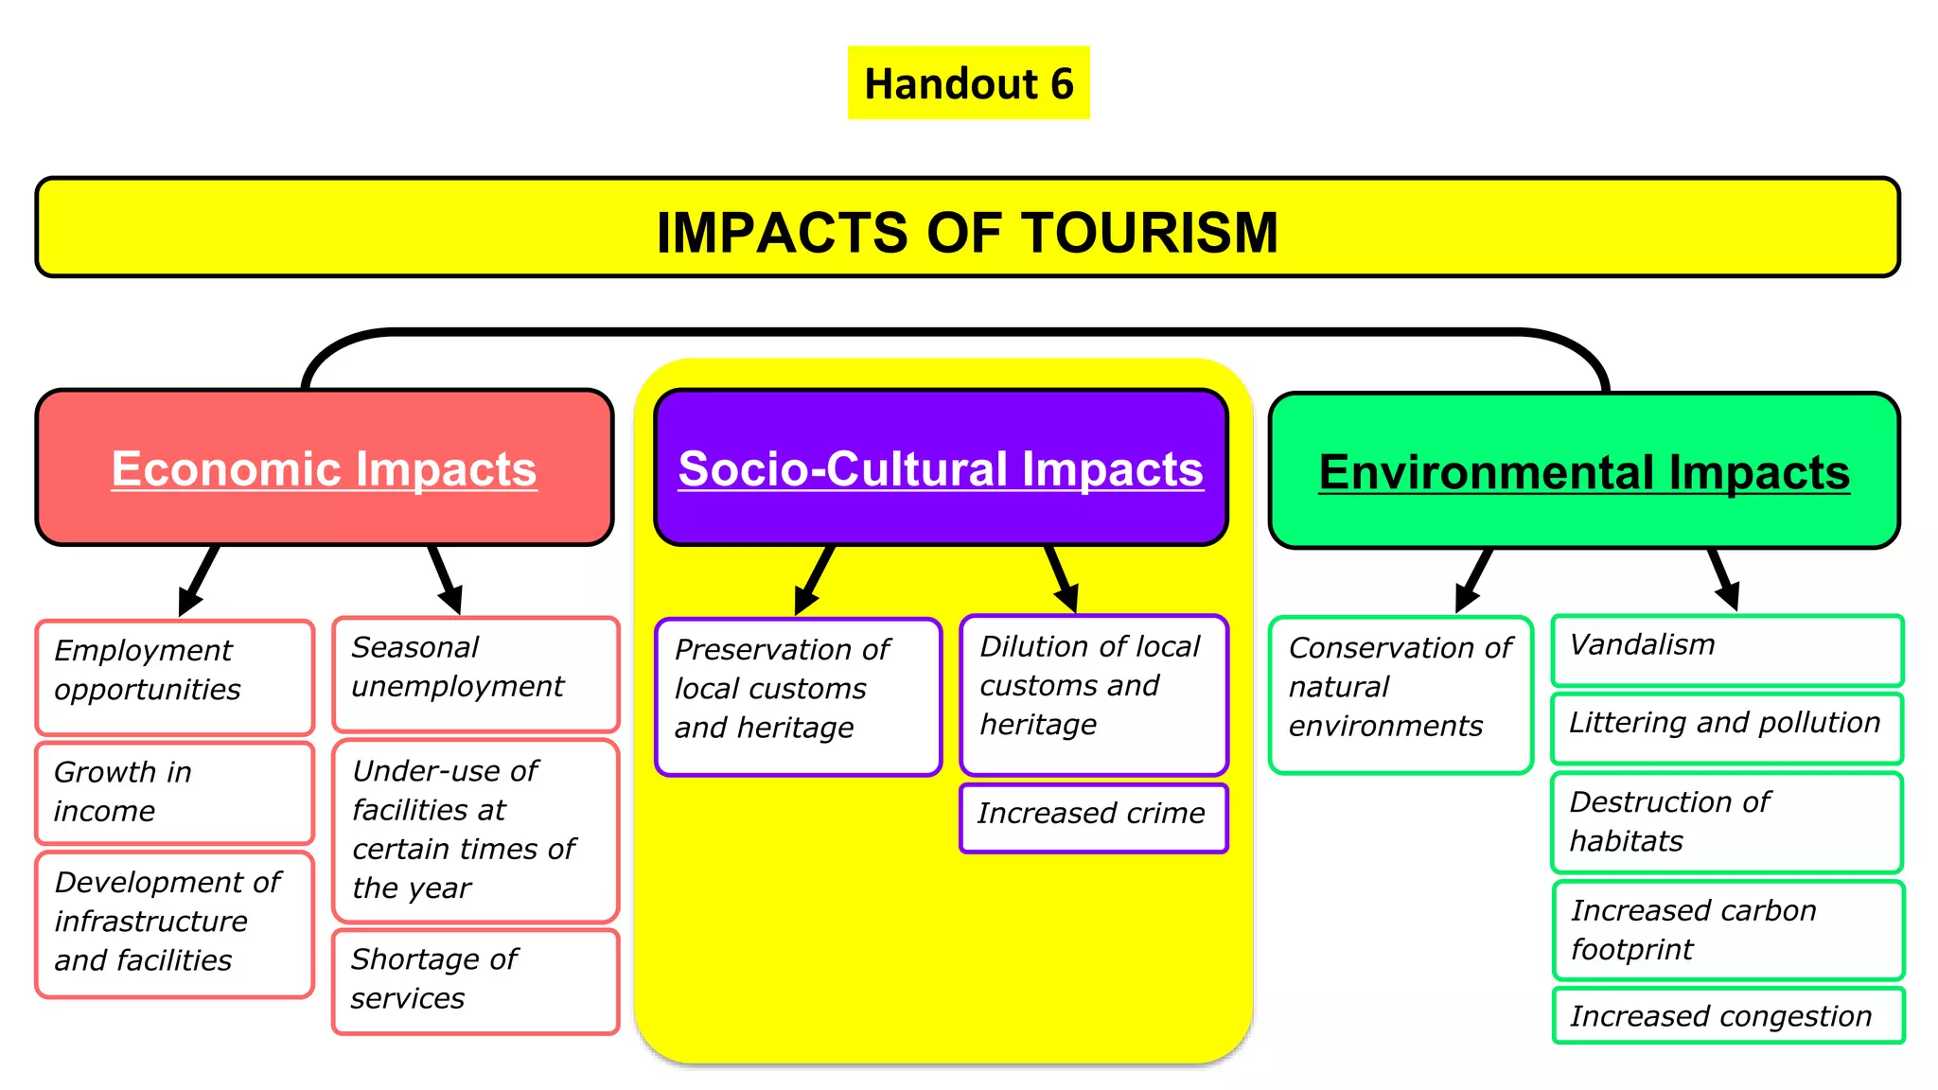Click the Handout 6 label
(x=968, y=83)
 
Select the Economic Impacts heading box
(x=325, y=467)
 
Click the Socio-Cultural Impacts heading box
(x=941, y=467)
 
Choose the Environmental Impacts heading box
(x=1584, y=470)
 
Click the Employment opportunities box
(x=175, y=677)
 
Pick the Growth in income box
(x=175, y=792)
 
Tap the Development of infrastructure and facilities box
(x=175, y=923)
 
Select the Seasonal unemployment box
(x=476, y=674)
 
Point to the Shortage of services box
(x=476, y=981)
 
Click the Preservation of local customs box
(x=799, y=696)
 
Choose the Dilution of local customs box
(x=1094, y=694)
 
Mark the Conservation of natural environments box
(x=1401, y=694)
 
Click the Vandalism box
(x=1727, y=650)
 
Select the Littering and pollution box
(x=1727, y=728)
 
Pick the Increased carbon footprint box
(x=1728, y=930)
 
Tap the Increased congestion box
(x=1728, y=1015)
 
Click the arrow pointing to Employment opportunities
(x=199, y=582)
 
